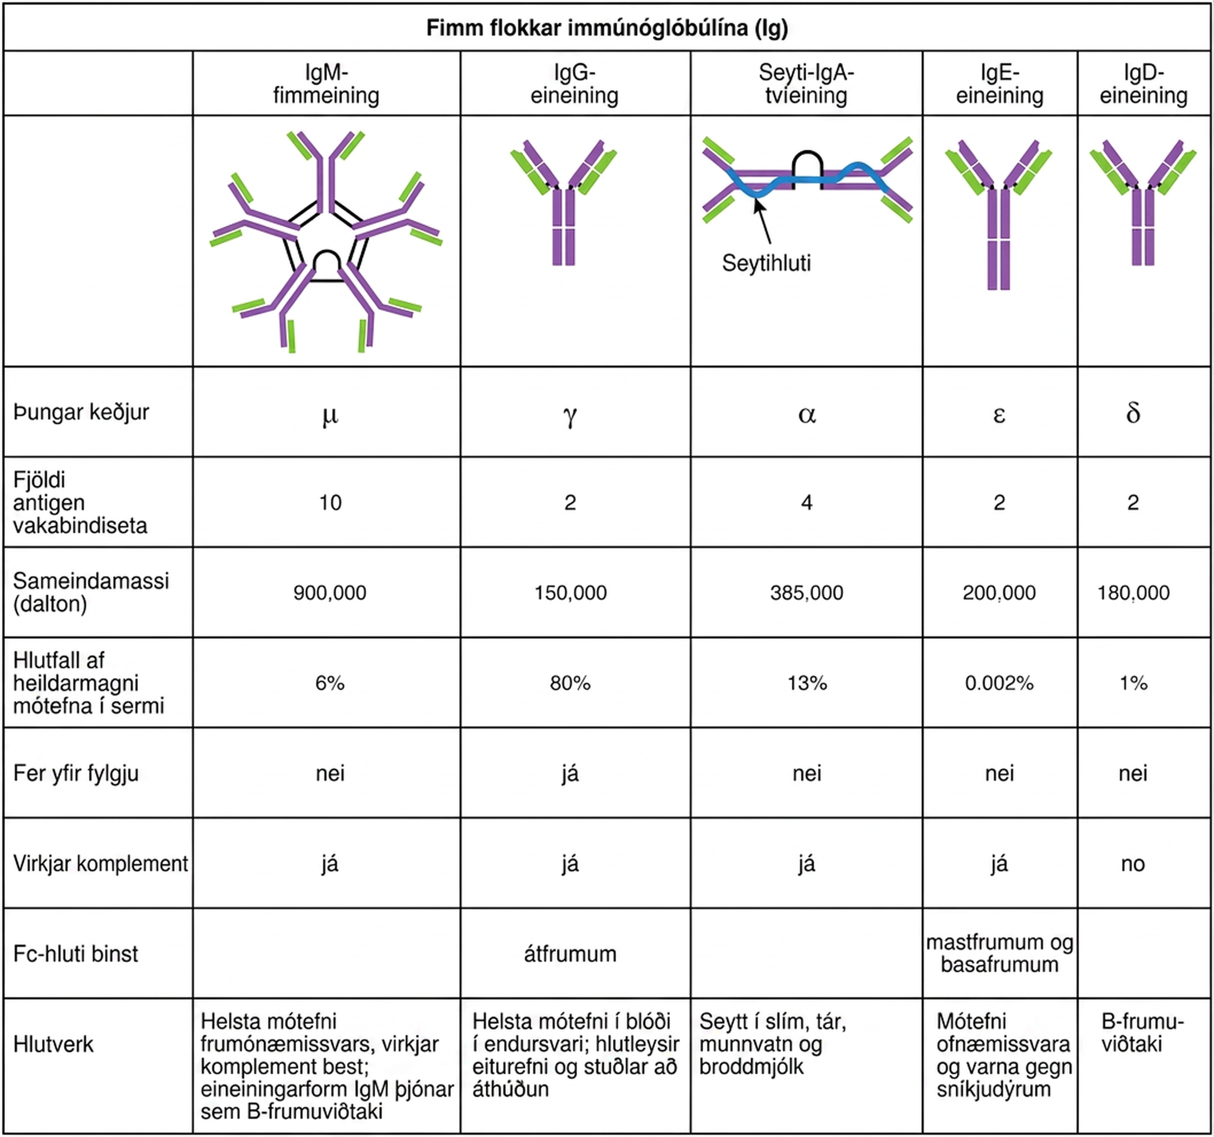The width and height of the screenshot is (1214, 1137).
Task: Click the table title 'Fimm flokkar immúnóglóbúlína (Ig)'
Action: coord(607,28)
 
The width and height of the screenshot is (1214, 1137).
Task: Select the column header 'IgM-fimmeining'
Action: coord(326,84)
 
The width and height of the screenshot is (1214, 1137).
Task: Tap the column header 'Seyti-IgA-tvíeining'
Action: coord(806,84)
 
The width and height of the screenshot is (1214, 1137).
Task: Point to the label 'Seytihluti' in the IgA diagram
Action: coord(766,263)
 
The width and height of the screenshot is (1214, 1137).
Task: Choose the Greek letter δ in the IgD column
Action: coord(1133,413)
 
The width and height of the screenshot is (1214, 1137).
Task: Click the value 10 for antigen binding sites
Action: coord(330,502)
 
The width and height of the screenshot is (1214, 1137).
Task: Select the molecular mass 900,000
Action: coord(330,593)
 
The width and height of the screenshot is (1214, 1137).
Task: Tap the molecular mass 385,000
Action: coord(807,593)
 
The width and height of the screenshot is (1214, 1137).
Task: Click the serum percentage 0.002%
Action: coord(999,683)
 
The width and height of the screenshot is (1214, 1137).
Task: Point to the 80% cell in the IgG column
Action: coord(570,683)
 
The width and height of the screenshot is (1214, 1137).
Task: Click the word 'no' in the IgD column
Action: coord(1133,864)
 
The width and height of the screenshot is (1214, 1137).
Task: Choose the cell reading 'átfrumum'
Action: coord(570,954)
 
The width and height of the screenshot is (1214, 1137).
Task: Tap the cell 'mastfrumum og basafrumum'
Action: coord(1000,953)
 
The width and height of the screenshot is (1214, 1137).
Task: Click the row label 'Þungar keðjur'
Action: coord(81,412)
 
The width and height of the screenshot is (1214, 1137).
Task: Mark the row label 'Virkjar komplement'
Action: coord(101,864)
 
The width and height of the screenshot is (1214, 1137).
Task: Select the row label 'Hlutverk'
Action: coord(53,1044)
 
